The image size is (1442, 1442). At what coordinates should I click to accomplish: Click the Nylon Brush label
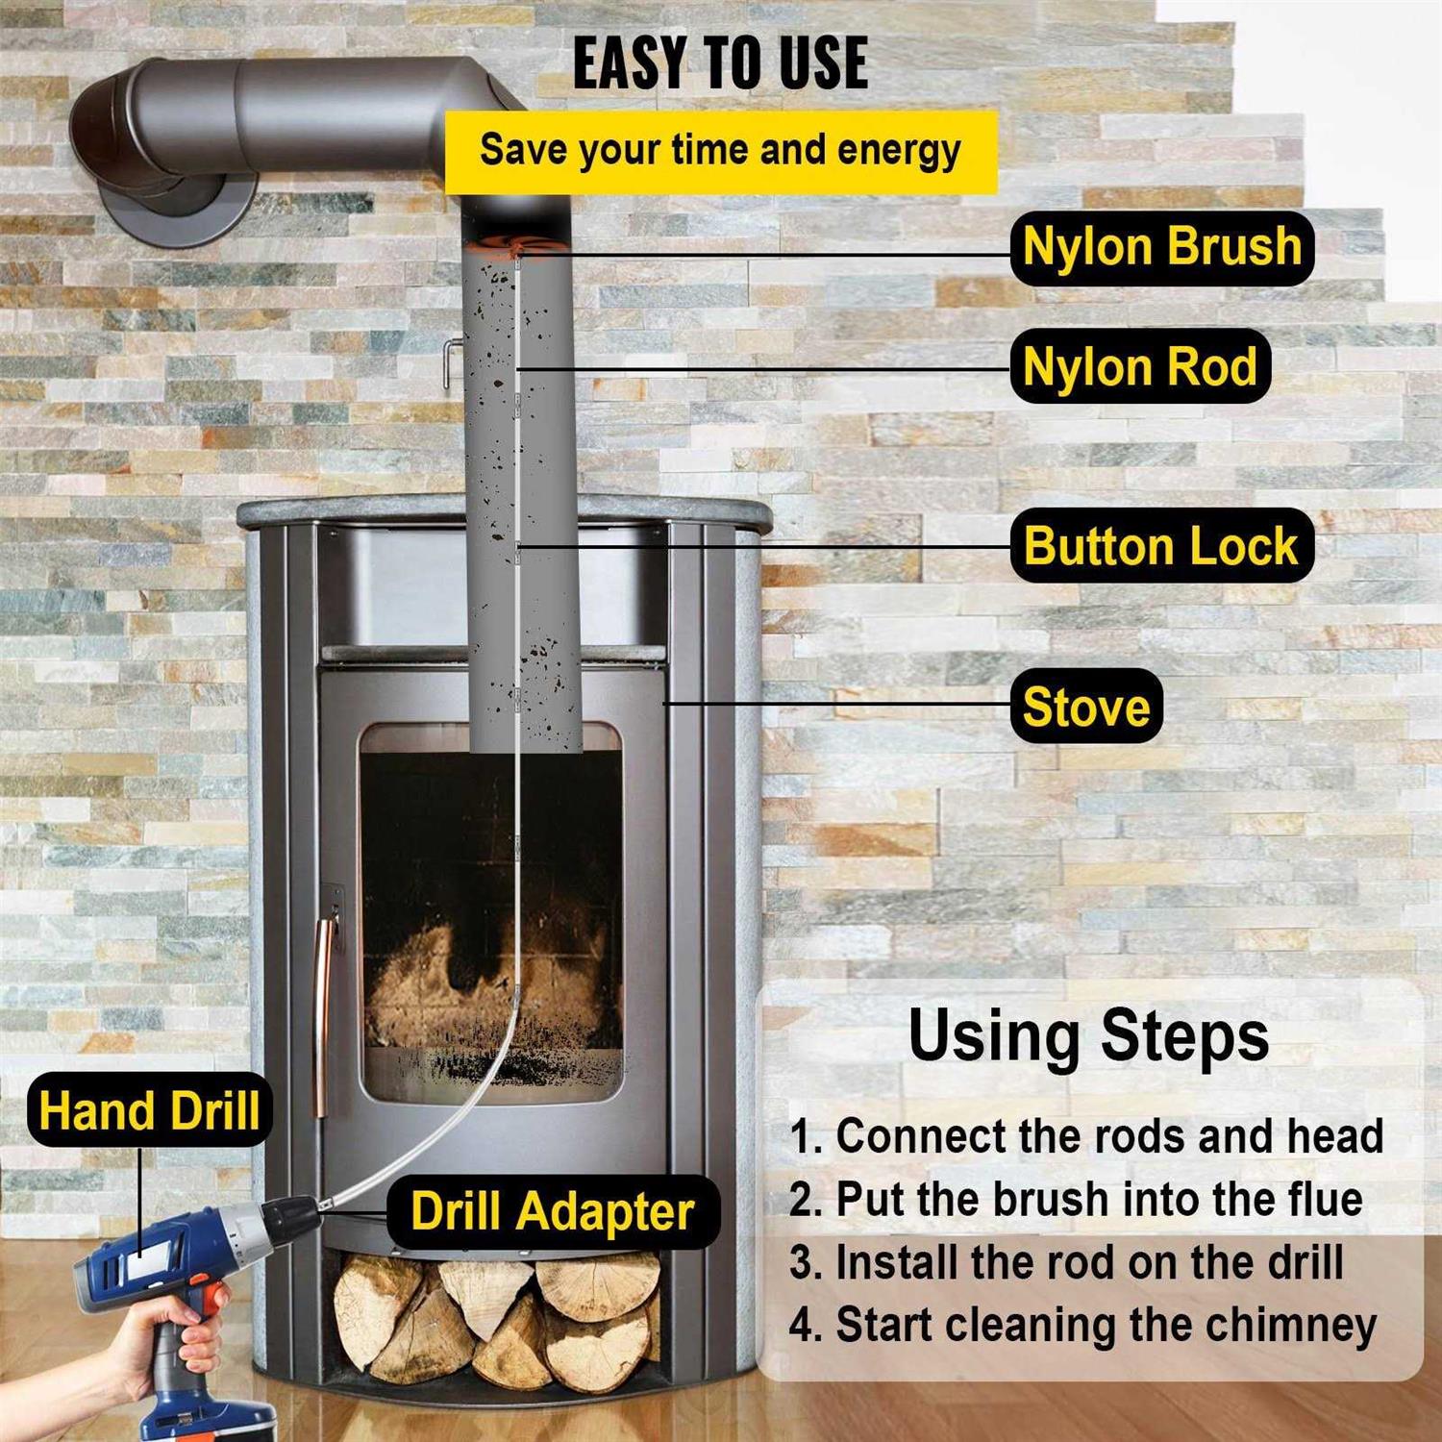pos(1161,247)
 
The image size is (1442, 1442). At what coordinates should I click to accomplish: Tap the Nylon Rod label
pos(1140,367)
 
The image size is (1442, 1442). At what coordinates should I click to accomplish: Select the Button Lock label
pos(1161,546)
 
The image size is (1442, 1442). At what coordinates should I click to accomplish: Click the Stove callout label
pos(1086,708)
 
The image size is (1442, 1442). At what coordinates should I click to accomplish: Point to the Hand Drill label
pos(149,1111)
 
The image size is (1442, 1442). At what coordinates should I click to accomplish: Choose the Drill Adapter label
pos(553,1211)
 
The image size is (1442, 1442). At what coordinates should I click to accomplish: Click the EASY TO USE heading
pos(720,63)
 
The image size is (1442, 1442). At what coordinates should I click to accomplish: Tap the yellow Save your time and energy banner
pos(720,151)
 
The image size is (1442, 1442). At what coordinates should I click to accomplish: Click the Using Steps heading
pos(1088,1035)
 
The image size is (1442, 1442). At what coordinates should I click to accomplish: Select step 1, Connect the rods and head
pos(1086,1136)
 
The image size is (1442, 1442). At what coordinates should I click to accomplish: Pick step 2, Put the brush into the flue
pos(1077,1200)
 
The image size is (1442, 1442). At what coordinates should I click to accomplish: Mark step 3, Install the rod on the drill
pos(1067,1262)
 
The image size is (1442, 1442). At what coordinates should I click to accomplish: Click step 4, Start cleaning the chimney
pos(1083,1325)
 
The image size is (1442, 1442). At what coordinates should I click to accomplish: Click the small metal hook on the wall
pos(449,360)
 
